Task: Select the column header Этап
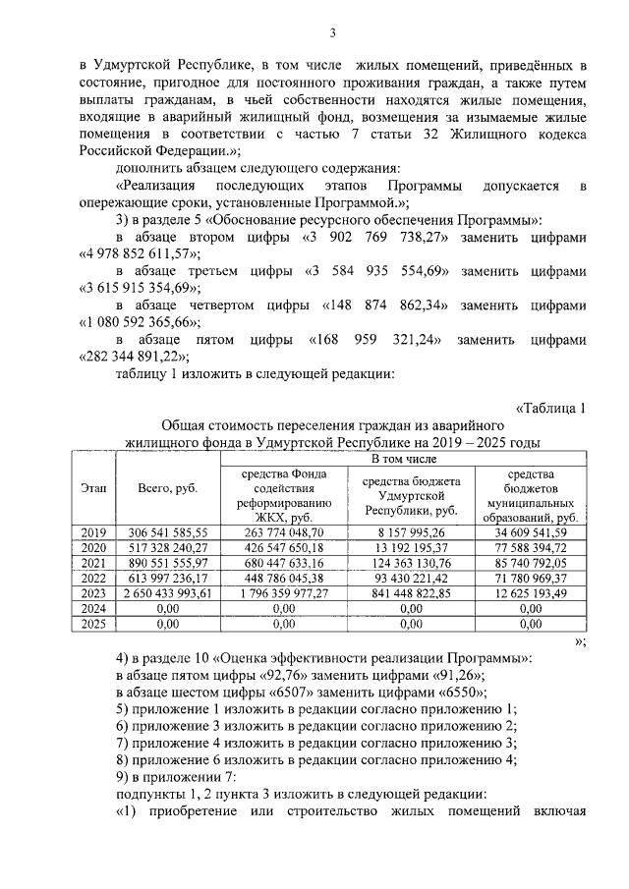tap(94, 488)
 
